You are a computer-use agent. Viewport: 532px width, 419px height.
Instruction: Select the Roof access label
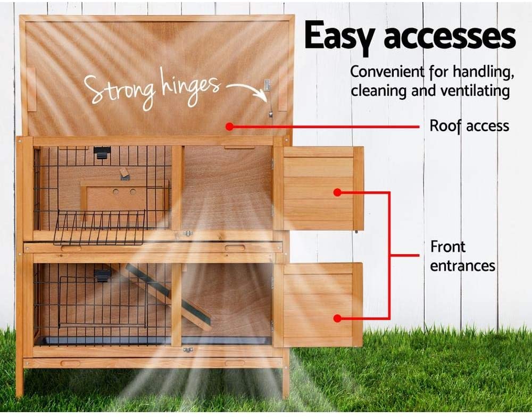click(x=469, y=126)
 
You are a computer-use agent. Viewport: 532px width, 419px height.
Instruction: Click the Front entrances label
click(x=463, y=256)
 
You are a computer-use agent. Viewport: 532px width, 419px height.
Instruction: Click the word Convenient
click(x=387, y=72)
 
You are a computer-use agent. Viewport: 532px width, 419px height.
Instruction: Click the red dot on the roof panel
click(x=230, y=127)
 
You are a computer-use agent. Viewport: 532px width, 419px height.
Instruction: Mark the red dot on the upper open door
click(x=337, y=192)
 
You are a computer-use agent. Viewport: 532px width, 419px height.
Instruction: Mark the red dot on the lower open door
click(x=337, y=319)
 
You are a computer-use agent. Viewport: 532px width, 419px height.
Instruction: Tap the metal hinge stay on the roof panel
click(x=268, y=99)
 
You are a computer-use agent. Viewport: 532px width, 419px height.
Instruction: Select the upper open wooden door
click(x=319, y=188)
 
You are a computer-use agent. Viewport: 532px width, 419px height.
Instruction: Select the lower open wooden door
click(x=318, y=305)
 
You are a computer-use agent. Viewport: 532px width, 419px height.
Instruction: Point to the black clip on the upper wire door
click(x=102, y=153)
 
